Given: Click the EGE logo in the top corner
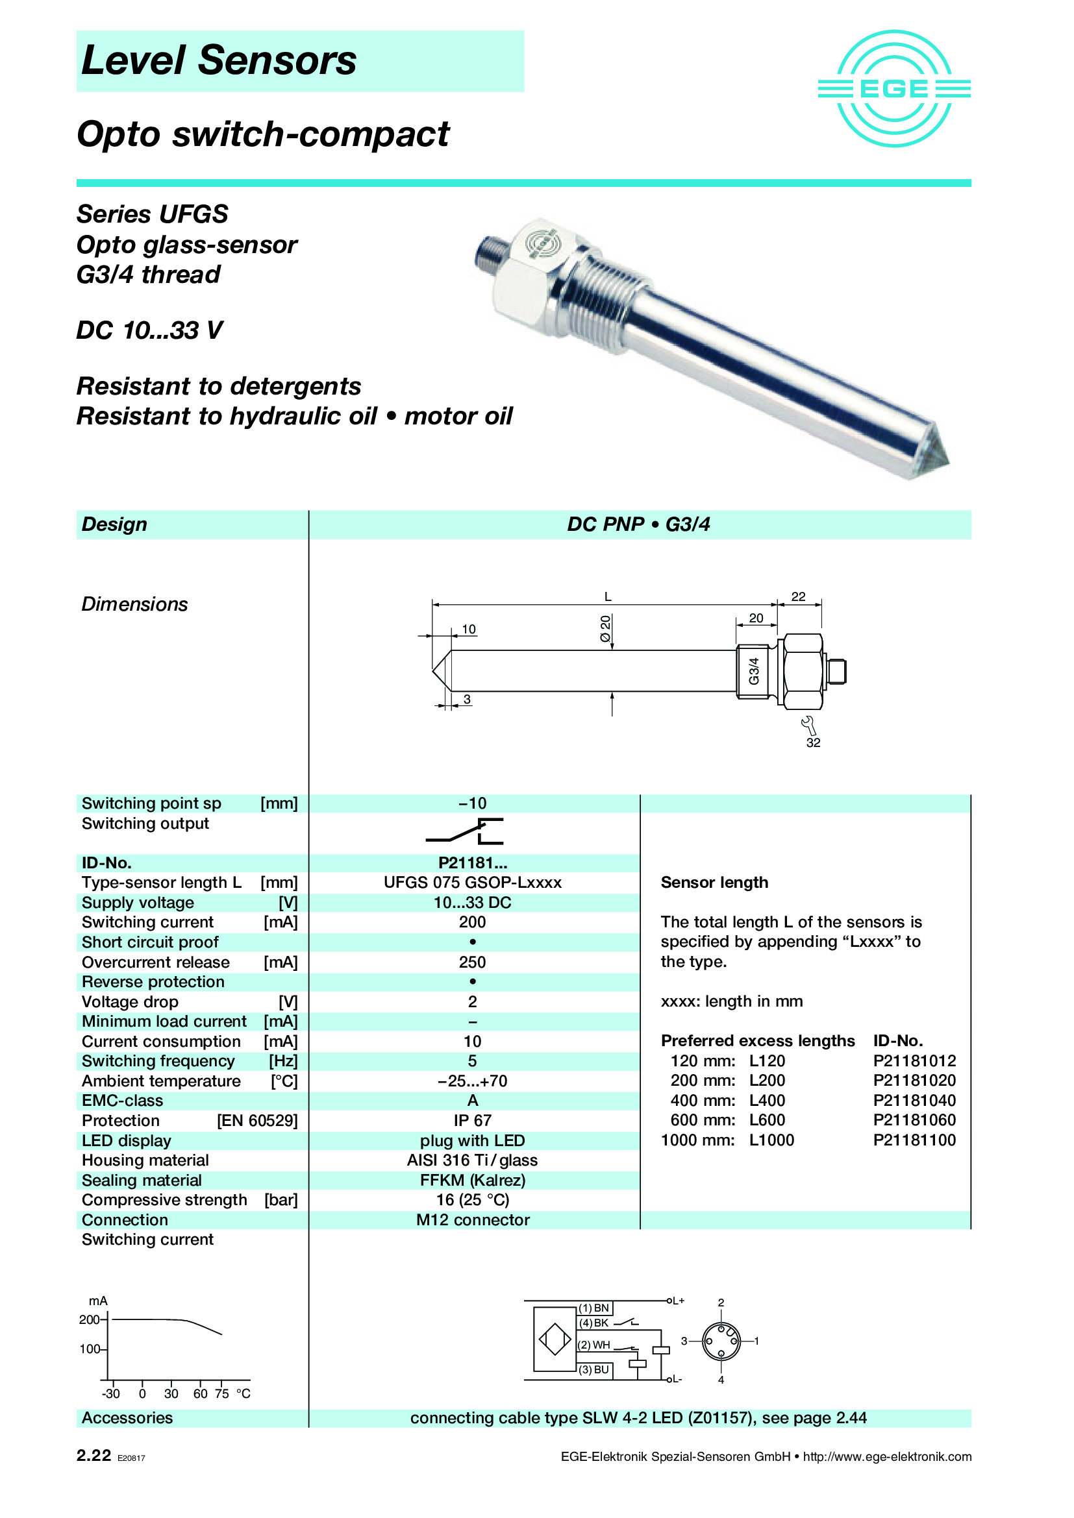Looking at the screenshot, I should point(893,89).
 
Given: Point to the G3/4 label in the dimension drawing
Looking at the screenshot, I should point(753,671).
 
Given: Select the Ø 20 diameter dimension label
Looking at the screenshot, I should point(605,628).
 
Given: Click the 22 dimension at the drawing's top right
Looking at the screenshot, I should point(798,596).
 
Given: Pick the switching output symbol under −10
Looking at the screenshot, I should point(465,832).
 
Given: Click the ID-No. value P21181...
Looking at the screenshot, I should point(472,863).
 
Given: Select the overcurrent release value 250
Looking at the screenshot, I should point(472,962).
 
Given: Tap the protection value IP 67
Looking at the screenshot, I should point(472,1121).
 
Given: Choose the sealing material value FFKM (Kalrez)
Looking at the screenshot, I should point(472,1180).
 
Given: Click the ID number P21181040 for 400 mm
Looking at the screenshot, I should point(914,1101).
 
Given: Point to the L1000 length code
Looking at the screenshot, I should point(771,1140).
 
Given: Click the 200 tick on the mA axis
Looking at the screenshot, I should point(91,1319).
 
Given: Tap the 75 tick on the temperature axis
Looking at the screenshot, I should point(221,1393).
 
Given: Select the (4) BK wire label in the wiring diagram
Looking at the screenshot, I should point(593,1323).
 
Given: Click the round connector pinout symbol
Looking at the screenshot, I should point(720,1341).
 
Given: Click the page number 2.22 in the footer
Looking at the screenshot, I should point(94,1455).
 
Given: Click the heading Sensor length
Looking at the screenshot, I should point(714,883).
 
